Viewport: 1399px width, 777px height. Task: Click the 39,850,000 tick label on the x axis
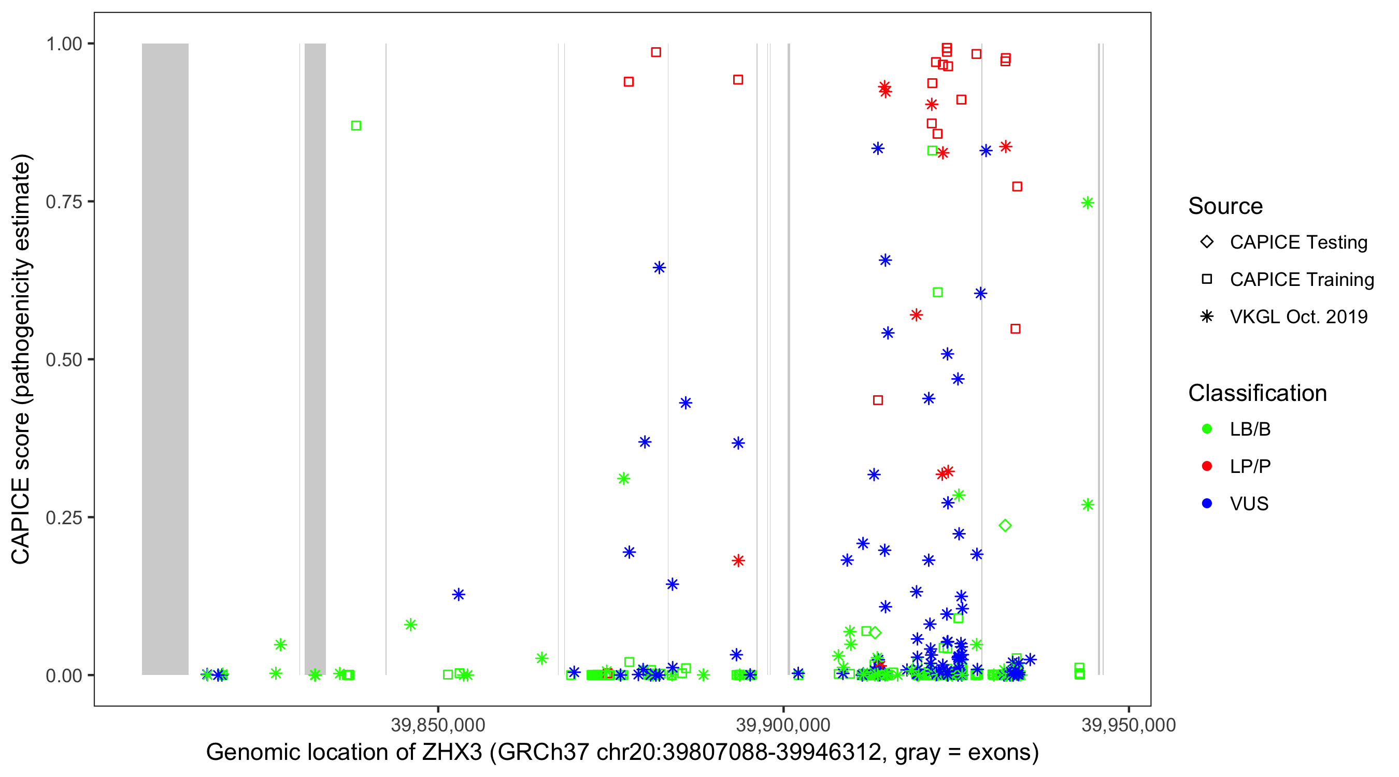[x=438, y=725]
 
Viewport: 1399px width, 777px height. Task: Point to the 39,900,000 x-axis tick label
[x=782, y=725]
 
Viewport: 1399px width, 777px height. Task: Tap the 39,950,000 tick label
[x=1128, y=725]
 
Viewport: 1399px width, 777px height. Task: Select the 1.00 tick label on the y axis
[x=64, y=44]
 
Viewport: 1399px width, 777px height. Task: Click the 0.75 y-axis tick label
[x=64, y=202]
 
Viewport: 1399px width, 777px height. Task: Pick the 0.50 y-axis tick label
[x=64, y=359]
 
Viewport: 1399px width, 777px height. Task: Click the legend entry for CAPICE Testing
[x=1298, y=242]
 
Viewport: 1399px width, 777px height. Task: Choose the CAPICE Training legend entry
[x=1301, y=280]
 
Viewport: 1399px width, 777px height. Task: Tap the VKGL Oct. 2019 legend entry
[x=1298, y=316]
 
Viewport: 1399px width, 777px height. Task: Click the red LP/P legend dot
[x=1207, y=466]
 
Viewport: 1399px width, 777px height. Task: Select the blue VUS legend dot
[x=1207, y=503]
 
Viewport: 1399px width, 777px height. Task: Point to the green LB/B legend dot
[x=1207, y=429]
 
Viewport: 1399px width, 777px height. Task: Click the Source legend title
[x=1225, y=206]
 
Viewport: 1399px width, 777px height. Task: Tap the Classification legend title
[x=1257, y=393]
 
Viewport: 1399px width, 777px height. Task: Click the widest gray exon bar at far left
[x=165, y=358]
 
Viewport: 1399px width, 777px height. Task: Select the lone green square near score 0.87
[x=356, y=125]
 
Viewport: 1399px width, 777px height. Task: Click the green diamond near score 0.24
[x=1005, y=525]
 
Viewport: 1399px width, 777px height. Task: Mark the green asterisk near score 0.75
[x=1087, y=203]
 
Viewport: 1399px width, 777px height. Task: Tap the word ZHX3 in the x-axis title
[x=452, y=753]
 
